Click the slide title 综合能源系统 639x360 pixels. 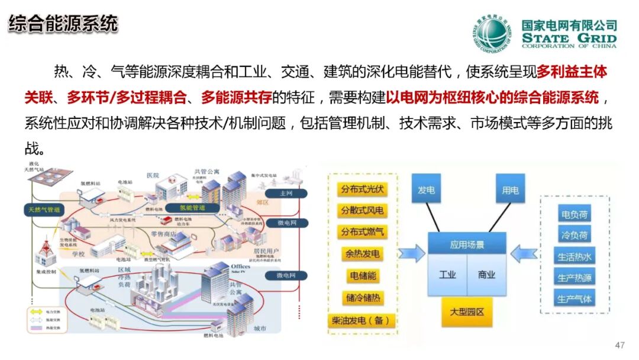63,24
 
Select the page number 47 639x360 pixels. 620,345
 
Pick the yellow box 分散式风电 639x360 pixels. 362,211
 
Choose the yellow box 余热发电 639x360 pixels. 362,254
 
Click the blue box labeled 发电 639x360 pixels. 426,190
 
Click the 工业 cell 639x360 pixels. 447,275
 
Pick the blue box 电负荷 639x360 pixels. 574,214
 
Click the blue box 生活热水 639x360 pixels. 574,256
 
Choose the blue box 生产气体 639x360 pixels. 574,298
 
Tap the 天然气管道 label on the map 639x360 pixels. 44,210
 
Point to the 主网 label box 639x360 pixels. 286,194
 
